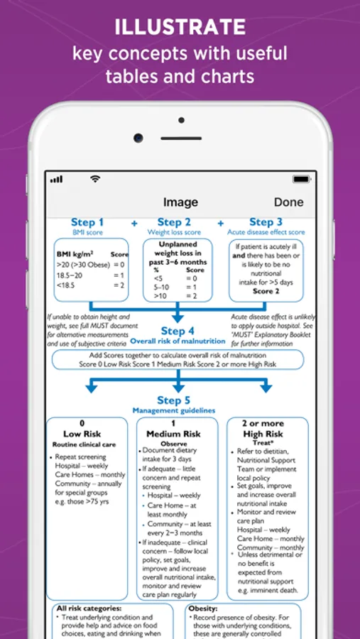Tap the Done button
tap(289, 202)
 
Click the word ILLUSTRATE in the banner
tap(180, 28)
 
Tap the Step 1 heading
tap(87, 222)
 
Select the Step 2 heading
tap(174, 222)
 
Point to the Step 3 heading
tap(266, 222)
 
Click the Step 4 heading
tap(178, 331)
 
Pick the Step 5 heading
tap(174, 400)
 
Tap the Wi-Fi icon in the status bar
tap(95, 178)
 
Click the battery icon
tap(301, 179)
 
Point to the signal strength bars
tap(56, 180)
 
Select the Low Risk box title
tap(82, 434)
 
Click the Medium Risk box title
tap(174, 434)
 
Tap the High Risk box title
tap(263, 434)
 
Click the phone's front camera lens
tap(138, 138)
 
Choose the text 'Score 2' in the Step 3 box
tap(266, 291)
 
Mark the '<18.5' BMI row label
tap(65, 285)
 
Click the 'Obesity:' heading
tap(203, 608)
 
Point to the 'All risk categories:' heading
tap(89, 608)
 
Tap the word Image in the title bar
tap(180, 202)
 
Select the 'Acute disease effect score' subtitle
tap(266, 232)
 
